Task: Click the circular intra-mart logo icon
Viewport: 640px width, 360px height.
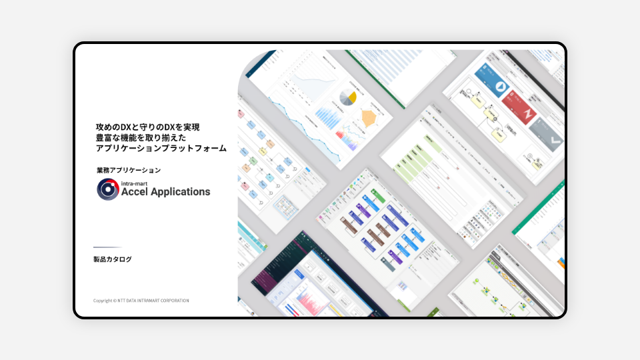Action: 107,189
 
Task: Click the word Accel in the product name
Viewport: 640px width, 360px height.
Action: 138,192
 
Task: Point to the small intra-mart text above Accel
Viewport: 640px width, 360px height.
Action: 135,181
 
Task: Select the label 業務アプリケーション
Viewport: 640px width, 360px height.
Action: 129,170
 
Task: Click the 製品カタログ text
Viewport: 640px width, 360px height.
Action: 113,259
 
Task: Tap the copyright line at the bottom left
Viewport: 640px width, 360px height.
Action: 141,301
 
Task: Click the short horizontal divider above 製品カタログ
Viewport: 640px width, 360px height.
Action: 107,247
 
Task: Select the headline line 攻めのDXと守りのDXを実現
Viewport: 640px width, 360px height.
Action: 147,126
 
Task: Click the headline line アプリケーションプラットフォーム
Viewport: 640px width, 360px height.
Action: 161,148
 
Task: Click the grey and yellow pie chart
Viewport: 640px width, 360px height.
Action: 348,97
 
